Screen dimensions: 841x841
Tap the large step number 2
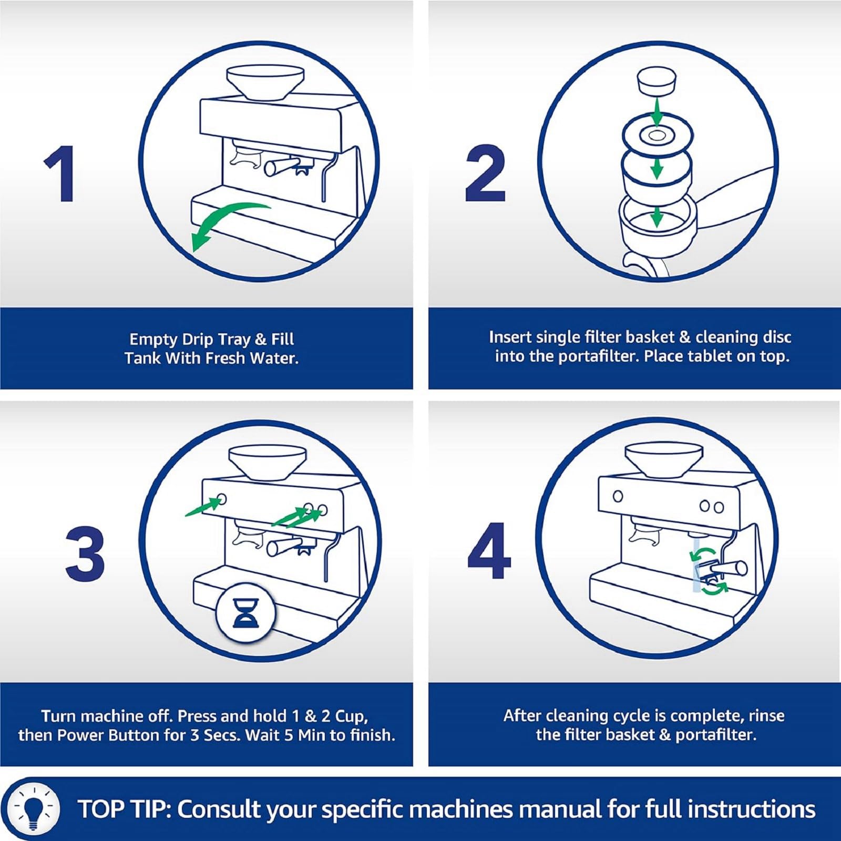(485, 174)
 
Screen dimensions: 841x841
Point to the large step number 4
(489, 551)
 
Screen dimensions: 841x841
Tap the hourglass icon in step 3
(245, 613)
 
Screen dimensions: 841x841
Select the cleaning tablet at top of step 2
(657, 81)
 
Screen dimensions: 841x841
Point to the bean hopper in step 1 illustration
(265, 81)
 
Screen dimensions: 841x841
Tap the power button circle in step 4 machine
(618, 496)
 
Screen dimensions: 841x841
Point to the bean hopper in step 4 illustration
(664, 460)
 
